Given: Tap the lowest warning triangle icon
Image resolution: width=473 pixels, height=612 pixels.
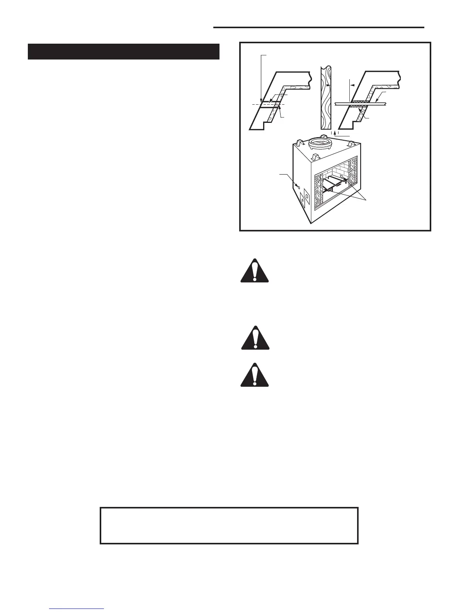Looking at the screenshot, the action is pyautogui.click(x=254, y=375).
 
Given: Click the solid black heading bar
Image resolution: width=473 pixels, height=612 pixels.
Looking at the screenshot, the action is pyautogui.click(x=124, y=52).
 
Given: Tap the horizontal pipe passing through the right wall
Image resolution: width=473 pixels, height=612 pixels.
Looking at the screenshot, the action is pyautogui.click(x=383, y=103).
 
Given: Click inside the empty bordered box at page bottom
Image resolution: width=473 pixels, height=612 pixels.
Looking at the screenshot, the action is pyautogui.click(x=229, y=525).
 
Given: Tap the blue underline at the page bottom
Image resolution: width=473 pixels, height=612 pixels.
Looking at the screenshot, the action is pyautogui.click(x=77, y=609).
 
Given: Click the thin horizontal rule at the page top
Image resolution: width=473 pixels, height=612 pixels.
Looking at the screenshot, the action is pyautogui.click(x=318, y=27).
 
